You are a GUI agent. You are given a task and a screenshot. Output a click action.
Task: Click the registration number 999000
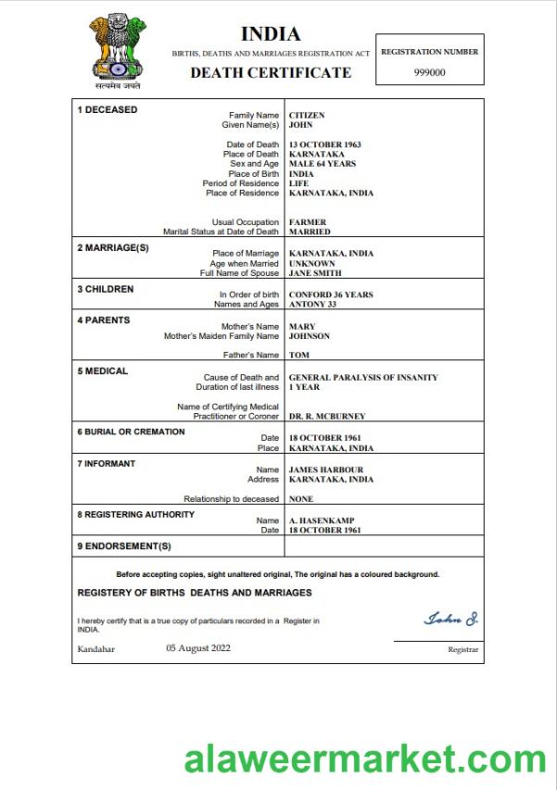coord(430,72)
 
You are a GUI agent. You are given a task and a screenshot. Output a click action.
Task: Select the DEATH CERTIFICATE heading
coord(271,72)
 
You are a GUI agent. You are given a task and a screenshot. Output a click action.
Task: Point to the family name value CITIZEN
coord(307,116)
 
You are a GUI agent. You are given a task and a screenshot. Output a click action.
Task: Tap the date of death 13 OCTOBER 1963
coord(324,144)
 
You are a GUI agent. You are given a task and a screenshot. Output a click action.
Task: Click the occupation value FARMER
coord(308,222)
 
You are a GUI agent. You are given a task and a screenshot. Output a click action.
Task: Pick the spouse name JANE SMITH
coord(315,273)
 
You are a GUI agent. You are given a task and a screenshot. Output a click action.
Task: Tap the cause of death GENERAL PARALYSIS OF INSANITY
coord(363,378)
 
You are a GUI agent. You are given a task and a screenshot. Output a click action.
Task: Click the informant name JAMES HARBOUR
coord(325,470)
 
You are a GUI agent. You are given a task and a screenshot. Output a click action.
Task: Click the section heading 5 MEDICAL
coord(102,371)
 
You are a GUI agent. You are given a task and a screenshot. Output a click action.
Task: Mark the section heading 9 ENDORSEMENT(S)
coord(124,546)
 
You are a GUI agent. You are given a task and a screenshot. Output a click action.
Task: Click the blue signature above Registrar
coord(450,618)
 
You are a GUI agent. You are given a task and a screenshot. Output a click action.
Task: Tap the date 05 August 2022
coord(198,648)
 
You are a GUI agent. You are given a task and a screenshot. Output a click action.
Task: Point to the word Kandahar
coord(95,649)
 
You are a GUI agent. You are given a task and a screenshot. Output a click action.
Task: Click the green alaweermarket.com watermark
coord(365,760)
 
